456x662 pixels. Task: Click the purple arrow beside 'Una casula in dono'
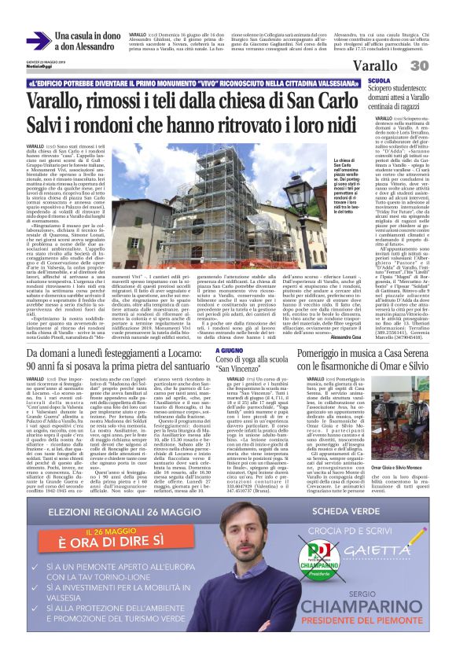click(37, 41)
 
